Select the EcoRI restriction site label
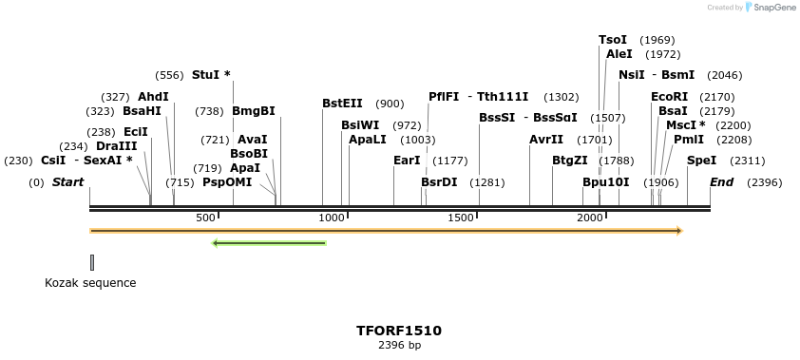[669, 97]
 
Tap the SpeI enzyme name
[701, 161]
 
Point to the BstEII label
[342, 104]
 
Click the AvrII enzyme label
[546, 140]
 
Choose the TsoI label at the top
[613, 40]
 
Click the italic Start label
[67, 182]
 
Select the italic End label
[722, 182]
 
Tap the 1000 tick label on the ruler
[332, 218]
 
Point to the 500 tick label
[206, 218]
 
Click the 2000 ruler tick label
[590, 218]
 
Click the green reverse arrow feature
[269, 243]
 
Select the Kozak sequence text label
[90, 283]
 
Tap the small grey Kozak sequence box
[92, 262]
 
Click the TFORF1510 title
[399, 331]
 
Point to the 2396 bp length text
[399, 345]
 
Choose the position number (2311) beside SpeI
[747, 161]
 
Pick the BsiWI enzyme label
[360, 125]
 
